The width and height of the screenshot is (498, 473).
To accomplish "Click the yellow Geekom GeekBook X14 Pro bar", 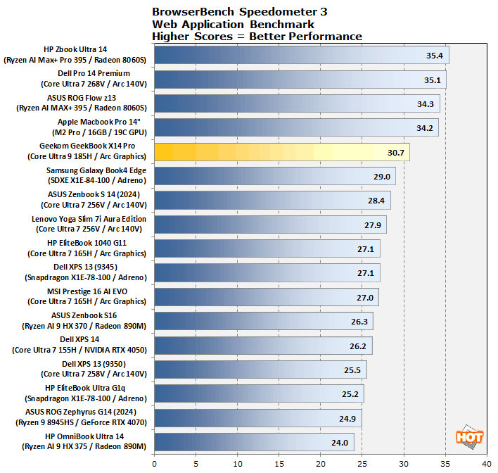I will click(281, 152).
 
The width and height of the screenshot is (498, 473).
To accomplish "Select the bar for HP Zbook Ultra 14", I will click(301, 55).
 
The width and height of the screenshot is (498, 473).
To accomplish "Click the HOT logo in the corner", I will click(469, 436).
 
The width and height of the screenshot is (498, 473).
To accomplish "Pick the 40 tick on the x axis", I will click(487, 464).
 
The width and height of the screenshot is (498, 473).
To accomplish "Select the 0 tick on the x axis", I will click(154, 464).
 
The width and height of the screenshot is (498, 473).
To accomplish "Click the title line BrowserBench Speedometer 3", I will click(239, 12).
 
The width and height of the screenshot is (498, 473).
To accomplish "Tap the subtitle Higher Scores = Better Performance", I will click(257, 36).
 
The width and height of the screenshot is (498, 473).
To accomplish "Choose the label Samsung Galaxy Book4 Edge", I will click(96, 170).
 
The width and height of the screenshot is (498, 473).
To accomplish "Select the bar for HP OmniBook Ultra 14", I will click(253, 442).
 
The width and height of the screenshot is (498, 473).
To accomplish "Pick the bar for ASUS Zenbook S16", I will click(263, 322).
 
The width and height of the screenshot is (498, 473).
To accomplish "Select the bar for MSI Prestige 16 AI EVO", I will click(266, 297).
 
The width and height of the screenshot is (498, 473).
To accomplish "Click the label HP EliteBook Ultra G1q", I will click(96, 387).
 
